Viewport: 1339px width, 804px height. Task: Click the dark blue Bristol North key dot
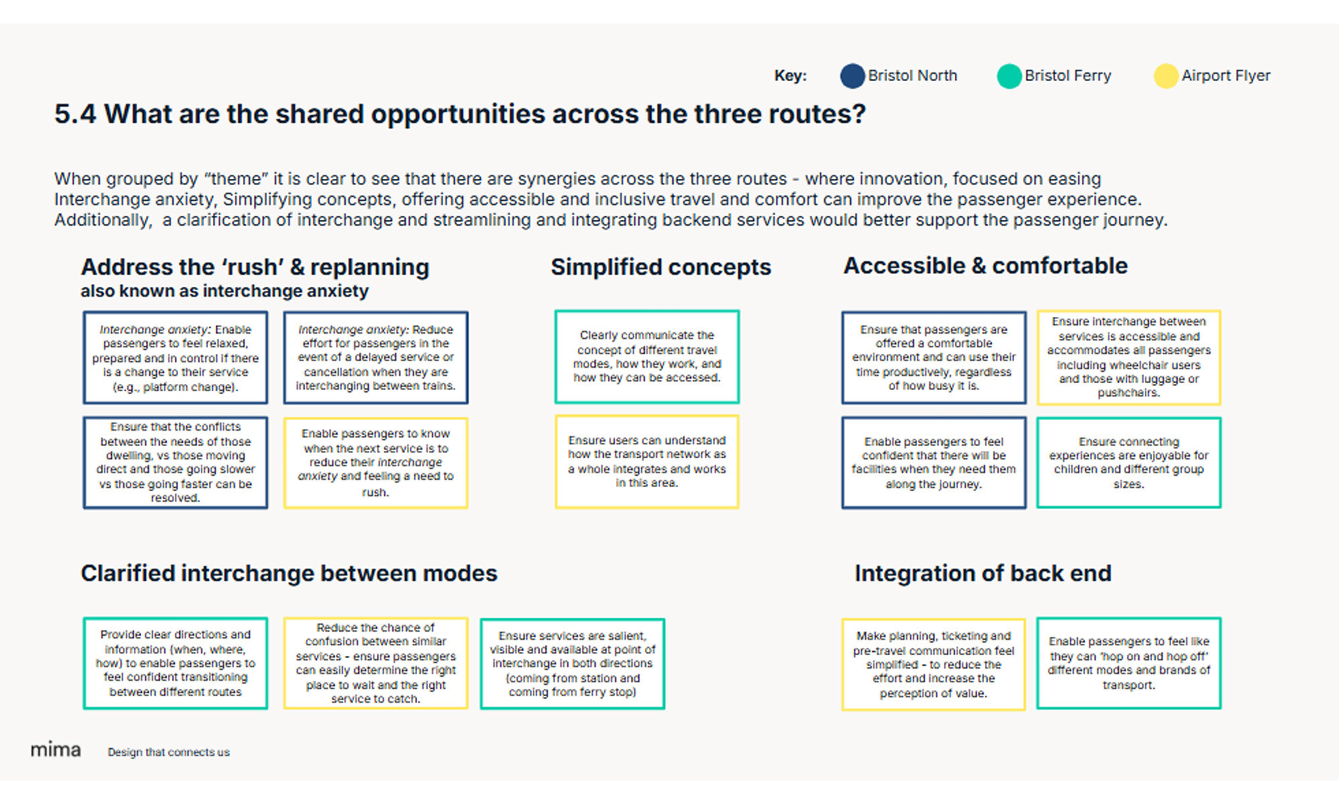(852, 76)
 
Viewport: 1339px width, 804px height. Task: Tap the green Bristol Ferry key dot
(1009, 76)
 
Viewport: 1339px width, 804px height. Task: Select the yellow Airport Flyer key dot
(1166, 76)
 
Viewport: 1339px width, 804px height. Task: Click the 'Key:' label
(790, 76)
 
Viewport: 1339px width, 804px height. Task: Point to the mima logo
(56, 750)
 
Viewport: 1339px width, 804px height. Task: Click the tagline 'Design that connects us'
(169, 752)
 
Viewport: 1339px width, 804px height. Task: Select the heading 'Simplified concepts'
(661, 267)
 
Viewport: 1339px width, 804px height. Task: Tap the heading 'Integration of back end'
(983, 574)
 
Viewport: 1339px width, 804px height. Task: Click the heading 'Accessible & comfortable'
(985, 266)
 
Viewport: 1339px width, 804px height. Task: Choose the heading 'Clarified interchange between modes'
(289, 574)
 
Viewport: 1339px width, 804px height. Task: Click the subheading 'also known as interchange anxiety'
(224, 291)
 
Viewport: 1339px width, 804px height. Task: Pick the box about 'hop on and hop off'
(1129, 663)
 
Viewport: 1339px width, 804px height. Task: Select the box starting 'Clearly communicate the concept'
(647, 356)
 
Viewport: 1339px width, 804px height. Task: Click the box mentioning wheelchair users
(1129, 358)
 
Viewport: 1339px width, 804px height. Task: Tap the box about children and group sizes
(1129, 463)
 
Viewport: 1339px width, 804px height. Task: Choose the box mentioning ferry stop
(572, 664)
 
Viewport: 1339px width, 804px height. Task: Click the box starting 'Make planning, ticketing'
(933, 664)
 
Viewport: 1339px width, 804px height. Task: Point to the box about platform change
(175, 358)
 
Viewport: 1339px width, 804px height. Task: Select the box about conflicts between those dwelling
(175, 462)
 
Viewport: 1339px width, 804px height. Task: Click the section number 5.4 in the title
(75, 115)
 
